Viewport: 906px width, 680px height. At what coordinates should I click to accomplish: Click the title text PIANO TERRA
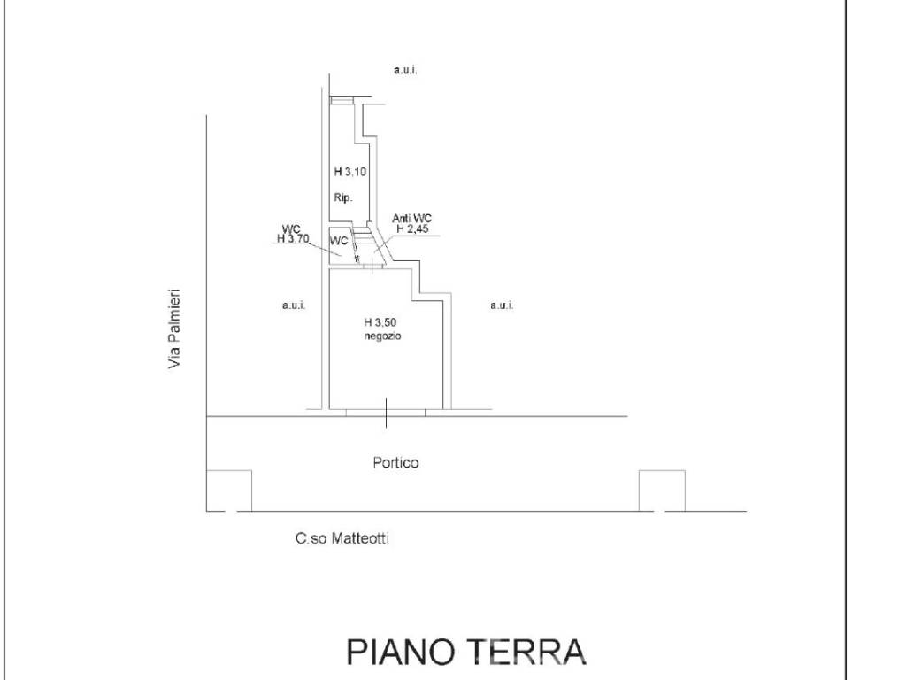point(465,651)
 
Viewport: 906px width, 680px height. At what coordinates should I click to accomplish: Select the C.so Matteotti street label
point(342,537)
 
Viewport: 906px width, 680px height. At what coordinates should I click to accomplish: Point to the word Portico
point(395,462)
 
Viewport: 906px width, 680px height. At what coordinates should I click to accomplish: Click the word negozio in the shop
point(382,336)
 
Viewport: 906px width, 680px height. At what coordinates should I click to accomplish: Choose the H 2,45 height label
point(412,228)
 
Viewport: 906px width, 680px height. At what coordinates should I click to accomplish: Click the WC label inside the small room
point(338,241)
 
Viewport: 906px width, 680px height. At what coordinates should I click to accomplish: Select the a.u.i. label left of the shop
point(294,305)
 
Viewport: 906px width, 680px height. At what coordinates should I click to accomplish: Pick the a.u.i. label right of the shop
point(502,305)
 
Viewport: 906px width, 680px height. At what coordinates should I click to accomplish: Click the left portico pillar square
point(229,491)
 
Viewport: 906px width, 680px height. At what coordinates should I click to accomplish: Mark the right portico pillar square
point(662,491)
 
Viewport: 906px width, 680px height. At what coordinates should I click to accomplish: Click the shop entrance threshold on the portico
point(386,412)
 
